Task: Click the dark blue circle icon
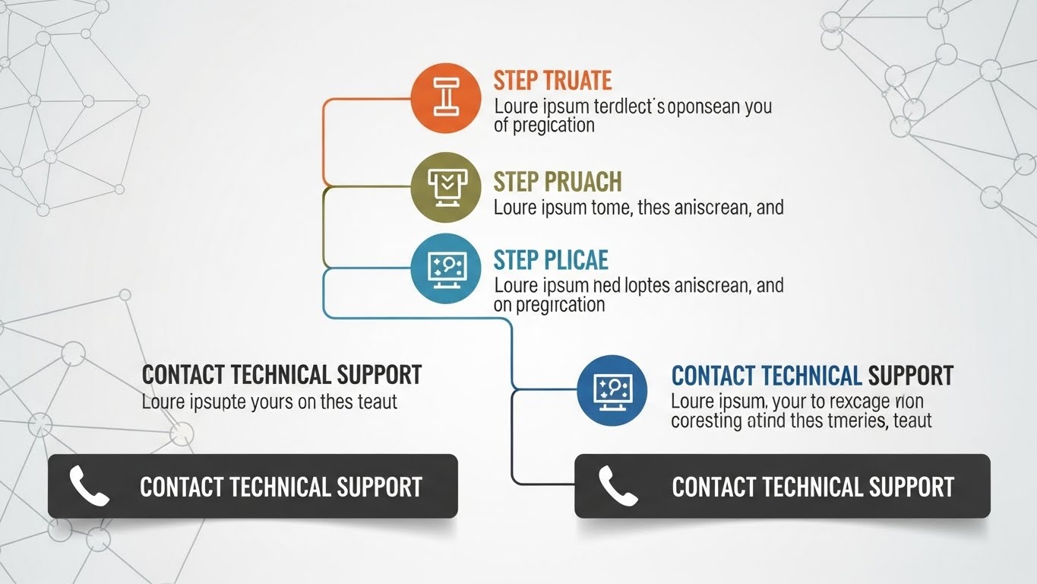coord(612,390)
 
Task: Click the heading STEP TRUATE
coord(552,81)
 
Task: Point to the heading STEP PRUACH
coord(558,182)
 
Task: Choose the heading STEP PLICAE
coord(551,260)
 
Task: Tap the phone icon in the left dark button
coord(89,487)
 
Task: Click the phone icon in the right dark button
coord(617,487)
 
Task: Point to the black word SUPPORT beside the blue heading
coord(910,376)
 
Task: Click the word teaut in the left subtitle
coord(378,401)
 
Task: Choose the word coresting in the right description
coord(706,420)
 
